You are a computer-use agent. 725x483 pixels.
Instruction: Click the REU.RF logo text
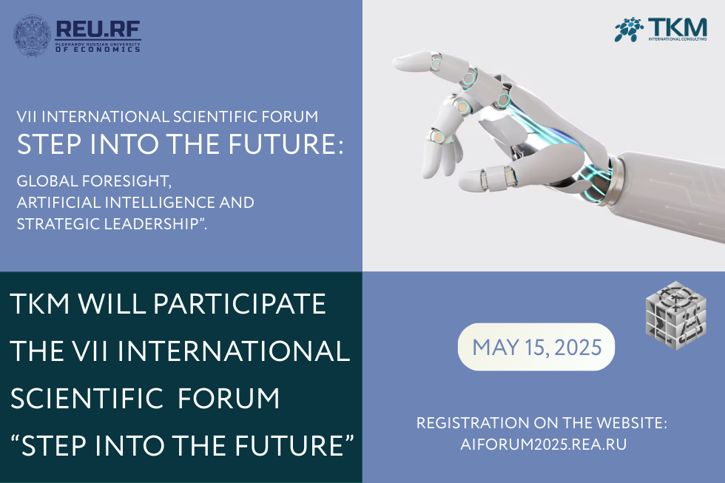click(98, 29)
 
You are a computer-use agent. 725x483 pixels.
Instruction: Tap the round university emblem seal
click(32, 36)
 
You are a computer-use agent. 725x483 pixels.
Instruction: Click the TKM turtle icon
click(629, 30)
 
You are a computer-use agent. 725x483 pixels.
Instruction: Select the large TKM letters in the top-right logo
click(678, 27)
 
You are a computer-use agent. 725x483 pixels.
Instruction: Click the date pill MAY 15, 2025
click(536, 347)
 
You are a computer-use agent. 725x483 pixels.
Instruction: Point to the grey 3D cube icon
click(676, 315)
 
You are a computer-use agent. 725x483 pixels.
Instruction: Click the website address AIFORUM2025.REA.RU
click(543, 445)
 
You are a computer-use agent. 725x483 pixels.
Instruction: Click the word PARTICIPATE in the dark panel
click(240, 304)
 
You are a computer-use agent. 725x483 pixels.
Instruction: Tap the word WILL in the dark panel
click(112, 304)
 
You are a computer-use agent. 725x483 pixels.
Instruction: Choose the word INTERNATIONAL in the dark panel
click(234, 351)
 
